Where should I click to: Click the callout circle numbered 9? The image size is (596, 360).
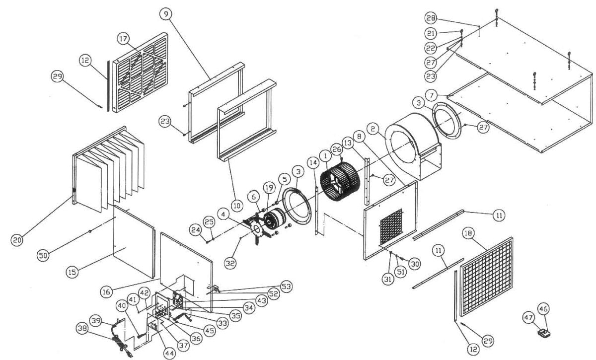click(x=165, y=14)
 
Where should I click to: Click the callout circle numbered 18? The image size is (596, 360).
click(x=468, y=232)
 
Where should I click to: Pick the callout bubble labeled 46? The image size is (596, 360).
click(x=544, y=309)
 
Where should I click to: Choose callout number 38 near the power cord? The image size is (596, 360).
click(x=83, y=328)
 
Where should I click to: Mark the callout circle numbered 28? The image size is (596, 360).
click(x=431, y=18)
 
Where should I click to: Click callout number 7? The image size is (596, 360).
click(x=431, y=94)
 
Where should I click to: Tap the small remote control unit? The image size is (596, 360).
click(x=544, y=333)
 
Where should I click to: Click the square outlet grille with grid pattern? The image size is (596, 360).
click(x=487, y=277)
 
